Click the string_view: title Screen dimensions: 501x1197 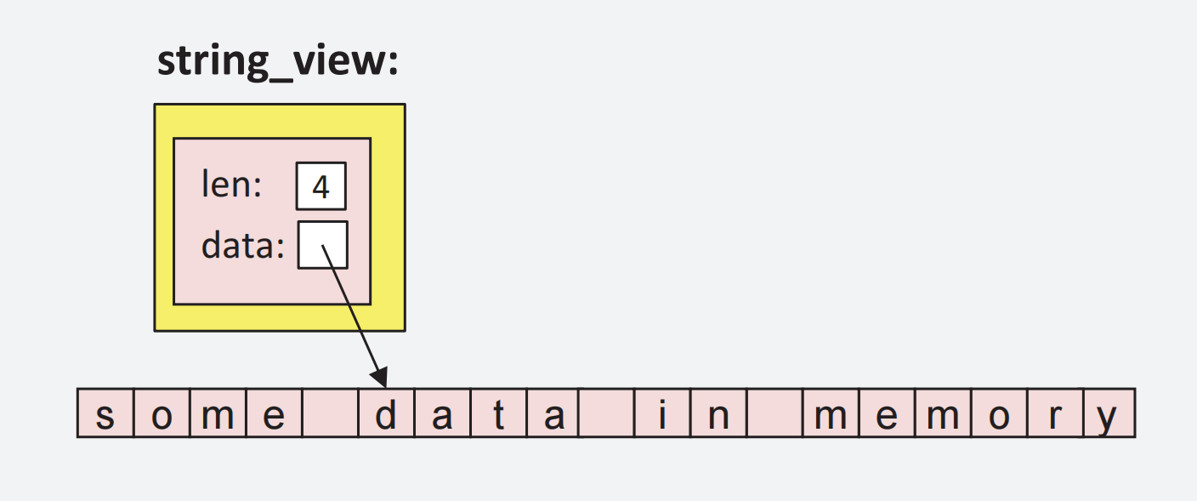[277, 63]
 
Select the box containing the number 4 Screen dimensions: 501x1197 [321, 186]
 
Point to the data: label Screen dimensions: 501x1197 [242, 246]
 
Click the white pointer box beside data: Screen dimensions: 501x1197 [322, 245]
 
